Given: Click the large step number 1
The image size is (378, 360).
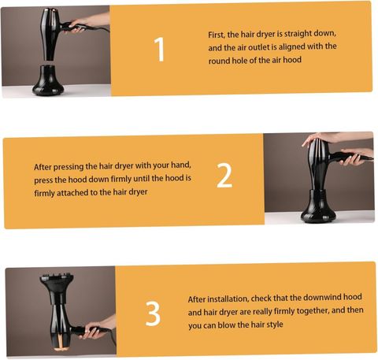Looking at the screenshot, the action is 159,50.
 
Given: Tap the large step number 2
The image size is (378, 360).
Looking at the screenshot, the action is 224,176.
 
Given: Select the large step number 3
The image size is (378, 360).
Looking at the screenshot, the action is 153,314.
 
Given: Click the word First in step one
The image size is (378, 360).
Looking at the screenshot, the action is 217,35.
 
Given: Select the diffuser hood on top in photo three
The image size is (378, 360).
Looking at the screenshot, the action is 57,288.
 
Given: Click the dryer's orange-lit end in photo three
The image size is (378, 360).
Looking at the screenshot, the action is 61,345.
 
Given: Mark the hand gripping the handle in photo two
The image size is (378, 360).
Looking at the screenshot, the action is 357,156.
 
